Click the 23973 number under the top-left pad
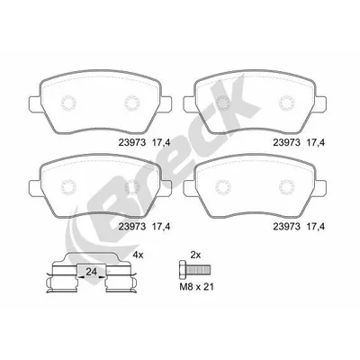point(132,143)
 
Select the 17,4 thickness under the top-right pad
point(315,143)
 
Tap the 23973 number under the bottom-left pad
point(132,227)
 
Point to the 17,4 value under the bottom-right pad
point(315,227)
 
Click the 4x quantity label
point(139,256)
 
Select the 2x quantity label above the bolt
point(195,256)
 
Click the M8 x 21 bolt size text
point(196,287)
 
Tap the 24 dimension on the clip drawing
point(91,272)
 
